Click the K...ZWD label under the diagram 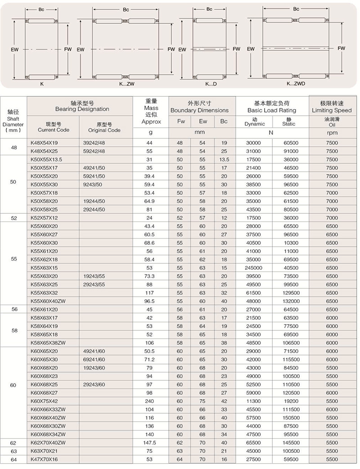(296, 83)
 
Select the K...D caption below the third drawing (211, 84)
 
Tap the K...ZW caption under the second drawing (127, 84)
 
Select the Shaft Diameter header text (13, 120)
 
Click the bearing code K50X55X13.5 (46, 159)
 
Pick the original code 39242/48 (94, 143)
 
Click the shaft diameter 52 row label (13, 218)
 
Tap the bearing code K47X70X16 (45, 459)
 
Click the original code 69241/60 (94, 359)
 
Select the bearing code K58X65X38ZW (48, 343)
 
